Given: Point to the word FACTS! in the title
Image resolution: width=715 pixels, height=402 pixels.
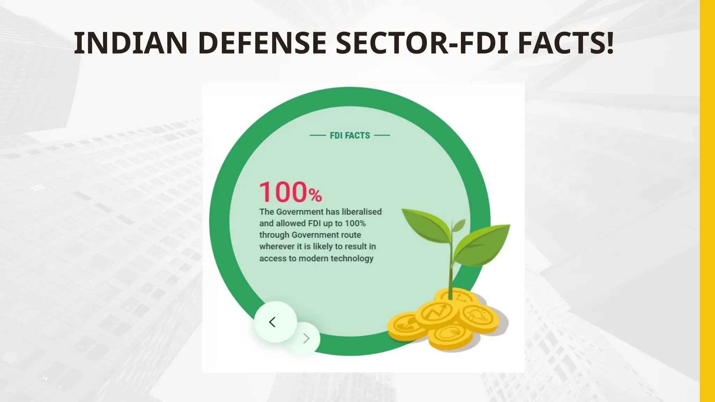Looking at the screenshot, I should [x=566, y=43].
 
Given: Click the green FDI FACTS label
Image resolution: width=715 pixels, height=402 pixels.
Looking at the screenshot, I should [x=350, y=135].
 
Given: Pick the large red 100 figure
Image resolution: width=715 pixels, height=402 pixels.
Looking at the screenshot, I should [x=283, y=192].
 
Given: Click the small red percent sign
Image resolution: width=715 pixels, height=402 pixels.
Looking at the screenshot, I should [x=315, y=195].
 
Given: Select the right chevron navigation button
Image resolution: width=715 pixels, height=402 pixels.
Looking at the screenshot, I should [x=306, y=338].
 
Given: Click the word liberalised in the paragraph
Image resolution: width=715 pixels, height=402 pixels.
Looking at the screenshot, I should [x=361, y=212].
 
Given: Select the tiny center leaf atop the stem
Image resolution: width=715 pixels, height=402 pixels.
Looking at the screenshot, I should [x=459, y=225].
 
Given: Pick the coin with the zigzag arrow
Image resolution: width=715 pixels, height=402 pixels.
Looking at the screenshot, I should [x=436, y=312].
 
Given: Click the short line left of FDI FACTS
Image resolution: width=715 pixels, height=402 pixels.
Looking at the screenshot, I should [x=318, y=135].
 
